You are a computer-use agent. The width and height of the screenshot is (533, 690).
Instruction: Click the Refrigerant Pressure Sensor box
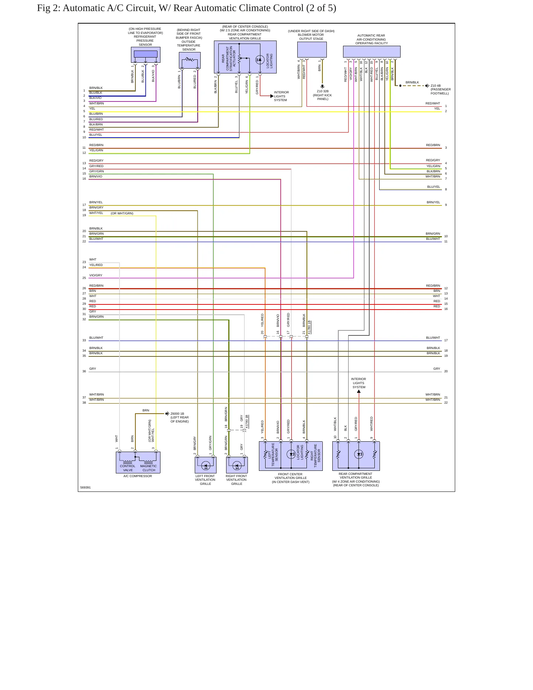point(145,55)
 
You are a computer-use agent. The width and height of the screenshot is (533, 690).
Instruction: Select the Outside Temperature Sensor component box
point(190,60)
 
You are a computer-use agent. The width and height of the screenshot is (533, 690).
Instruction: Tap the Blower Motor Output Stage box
point(312,49)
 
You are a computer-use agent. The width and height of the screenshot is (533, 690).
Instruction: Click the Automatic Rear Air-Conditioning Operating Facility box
point(371,52)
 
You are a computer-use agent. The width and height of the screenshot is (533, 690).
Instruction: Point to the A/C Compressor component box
point(138,462)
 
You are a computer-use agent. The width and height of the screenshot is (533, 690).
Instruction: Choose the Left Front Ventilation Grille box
point(205,465)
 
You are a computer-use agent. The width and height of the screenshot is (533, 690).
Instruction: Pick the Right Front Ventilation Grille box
point(237,465)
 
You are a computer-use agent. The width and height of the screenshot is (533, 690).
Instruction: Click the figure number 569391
point(86,487)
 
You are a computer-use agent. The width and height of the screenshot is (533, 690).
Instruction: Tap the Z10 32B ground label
point(323,91)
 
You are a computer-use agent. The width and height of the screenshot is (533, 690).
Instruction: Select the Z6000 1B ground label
point(177,414)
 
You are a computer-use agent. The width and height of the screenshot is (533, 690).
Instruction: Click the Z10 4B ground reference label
point(436,86)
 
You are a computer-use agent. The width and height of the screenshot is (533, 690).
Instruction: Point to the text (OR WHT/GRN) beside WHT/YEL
point(122,213)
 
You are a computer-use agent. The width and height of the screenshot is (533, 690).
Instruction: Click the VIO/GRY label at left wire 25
point(96,275)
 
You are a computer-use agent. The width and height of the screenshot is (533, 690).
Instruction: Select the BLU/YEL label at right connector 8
point(434,187)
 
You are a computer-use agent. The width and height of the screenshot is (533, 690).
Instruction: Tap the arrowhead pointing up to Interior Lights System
point(359,391)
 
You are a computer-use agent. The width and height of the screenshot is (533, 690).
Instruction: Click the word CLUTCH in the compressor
point(149,470)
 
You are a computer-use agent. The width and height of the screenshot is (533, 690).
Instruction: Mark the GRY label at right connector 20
point(437,369)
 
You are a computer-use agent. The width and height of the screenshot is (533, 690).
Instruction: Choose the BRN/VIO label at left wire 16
point(96,176)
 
